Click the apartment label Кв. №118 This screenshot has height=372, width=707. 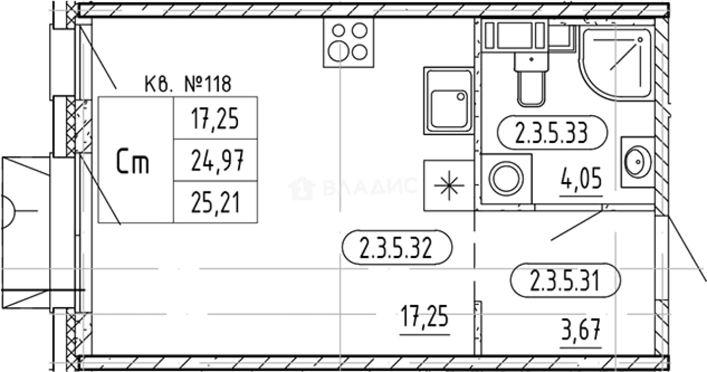(x=188, y=84)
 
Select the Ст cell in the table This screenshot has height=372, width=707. (x=136, y=160)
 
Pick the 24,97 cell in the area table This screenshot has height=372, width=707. (x=215, y=160)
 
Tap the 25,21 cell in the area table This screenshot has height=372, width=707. (x=215, y=202)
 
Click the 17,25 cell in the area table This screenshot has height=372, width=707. (x=215, y=118)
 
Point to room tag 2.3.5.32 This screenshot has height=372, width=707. (x=397, y=247)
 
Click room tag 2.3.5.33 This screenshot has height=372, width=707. (x=552, y=132)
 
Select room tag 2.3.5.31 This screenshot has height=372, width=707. (x=565, y=281)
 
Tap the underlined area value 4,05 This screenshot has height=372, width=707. (x=581, y=180)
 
